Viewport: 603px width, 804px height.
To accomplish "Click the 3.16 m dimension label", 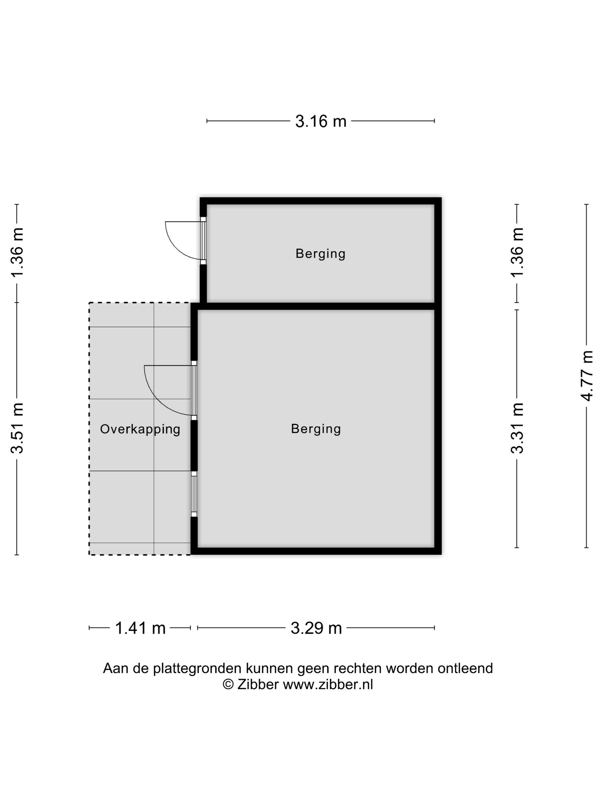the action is click(x=320, y=121).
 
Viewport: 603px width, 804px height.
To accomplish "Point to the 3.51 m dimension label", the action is click(x=17, y=428).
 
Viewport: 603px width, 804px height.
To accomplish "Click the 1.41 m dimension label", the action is click(x=140, y=628).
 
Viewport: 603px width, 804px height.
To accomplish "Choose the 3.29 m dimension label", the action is click(x=316, y=628).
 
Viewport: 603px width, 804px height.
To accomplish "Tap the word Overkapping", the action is click(x=140, y=429).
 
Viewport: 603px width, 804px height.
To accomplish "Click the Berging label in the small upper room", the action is click(x=320, y=254).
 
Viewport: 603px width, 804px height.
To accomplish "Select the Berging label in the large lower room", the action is click(x=316, y=429).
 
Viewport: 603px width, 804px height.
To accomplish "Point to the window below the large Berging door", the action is click(x=194, y=494).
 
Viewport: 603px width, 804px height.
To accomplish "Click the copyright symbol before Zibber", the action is click(x=228, y=685).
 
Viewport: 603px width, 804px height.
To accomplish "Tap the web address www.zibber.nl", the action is click(x=328, y=685).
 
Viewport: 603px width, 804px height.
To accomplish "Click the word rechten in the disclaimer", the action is click(x=358, y=668).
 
